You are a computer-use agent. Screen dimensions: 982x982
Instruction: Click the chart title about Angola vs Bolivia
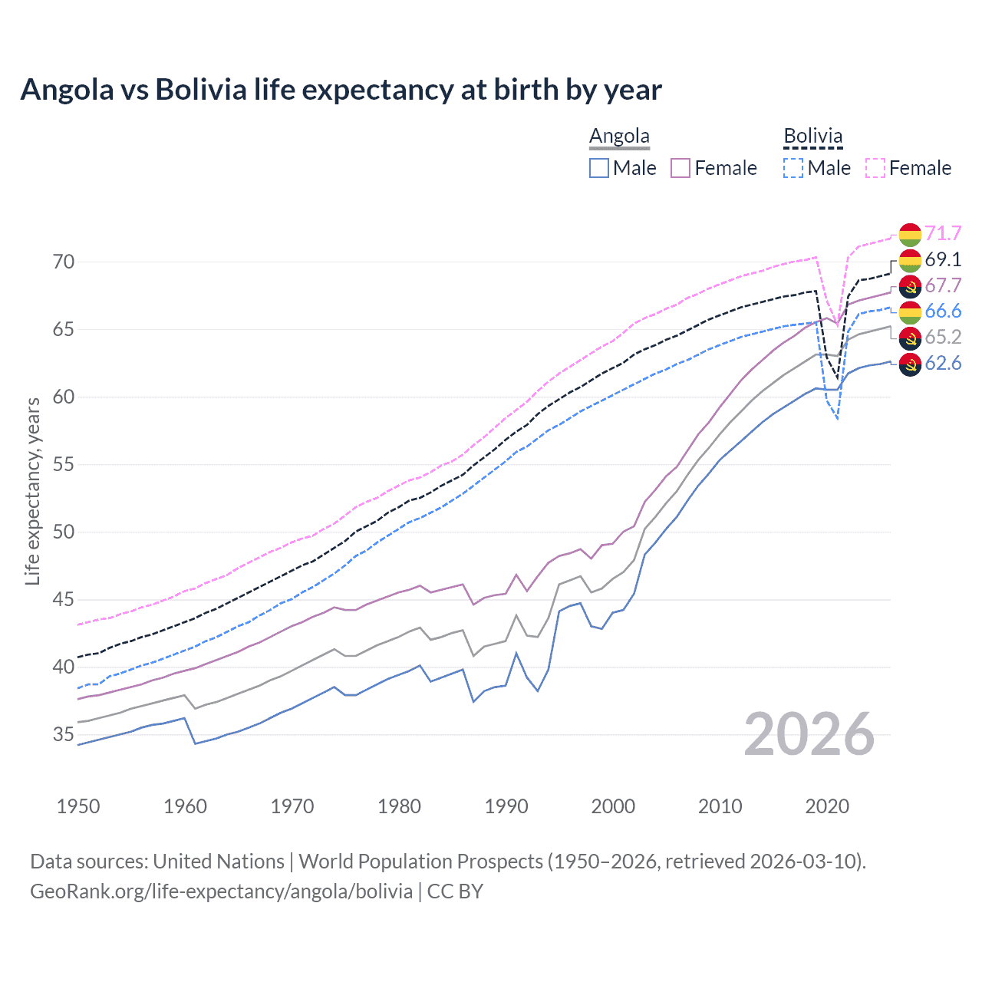(341, 90)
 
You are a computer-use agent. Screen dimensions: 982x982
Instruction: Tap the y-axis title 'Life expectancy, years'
(32, 491)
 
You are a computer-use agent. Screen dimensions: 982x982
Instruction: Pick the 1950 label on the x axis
(78, 806)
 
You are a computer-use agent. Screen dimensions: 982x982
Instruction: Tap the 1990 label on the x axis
(506, 806)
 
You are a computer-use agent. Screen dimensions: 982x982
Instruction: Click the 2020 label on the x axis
(827, 806)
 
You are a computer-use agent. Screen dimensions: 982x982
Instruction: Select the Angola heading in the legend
(619, 137)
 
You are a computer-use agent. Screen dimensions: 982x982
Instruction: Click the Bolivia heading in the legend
(812, 137)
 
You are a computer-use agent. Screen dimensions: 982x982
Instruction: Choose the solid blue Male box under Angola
(599, 168)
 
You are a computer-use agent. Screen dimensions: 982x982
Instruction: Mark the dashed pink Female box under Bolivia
(875, 168)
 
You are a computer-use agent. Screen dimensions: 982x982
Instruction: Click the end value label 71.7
(943, 233)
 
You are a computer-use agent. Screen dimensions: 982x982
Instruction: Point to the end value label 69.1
(943, 259)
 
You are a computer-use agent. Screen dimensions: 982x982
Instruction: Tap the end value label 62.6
(943, 363)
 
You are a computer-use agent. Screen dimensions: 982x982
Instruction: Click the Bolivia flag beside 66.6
(910, 311)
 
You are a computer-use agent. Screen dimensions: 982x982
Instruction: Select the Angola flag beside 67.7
(910, 286)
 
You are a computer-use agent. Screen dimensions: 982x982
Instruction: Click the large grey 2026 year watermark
(809, 734)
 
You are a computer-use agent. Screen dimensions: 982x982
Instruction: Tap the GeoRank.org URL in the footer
(221, 891)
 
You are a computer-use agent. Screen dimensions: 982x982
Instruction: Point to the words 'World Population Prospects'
(420, 862)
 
